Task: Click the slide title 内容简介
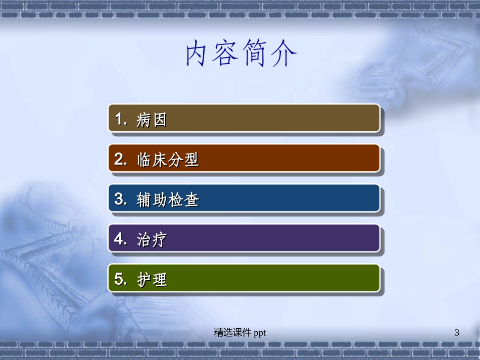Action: click(x=241, y=54)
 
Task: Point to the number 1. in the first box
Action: click(x=121, y=120)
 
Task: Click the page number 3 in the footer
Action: click(x=457, y=332)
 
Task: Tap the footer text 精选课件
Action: click(x=232, y=332)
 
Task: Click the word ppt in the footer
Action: click(x=260, y=332)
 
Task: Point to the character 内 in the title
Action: click(x=196, y=54)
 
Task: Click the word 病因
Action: click(x=152, y=120)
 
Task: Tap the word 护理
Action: click(x=152, y=280)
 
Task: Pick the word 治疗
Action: click(x=152, y=240)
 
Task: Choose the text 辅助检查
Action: click(x=168, y=200)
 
